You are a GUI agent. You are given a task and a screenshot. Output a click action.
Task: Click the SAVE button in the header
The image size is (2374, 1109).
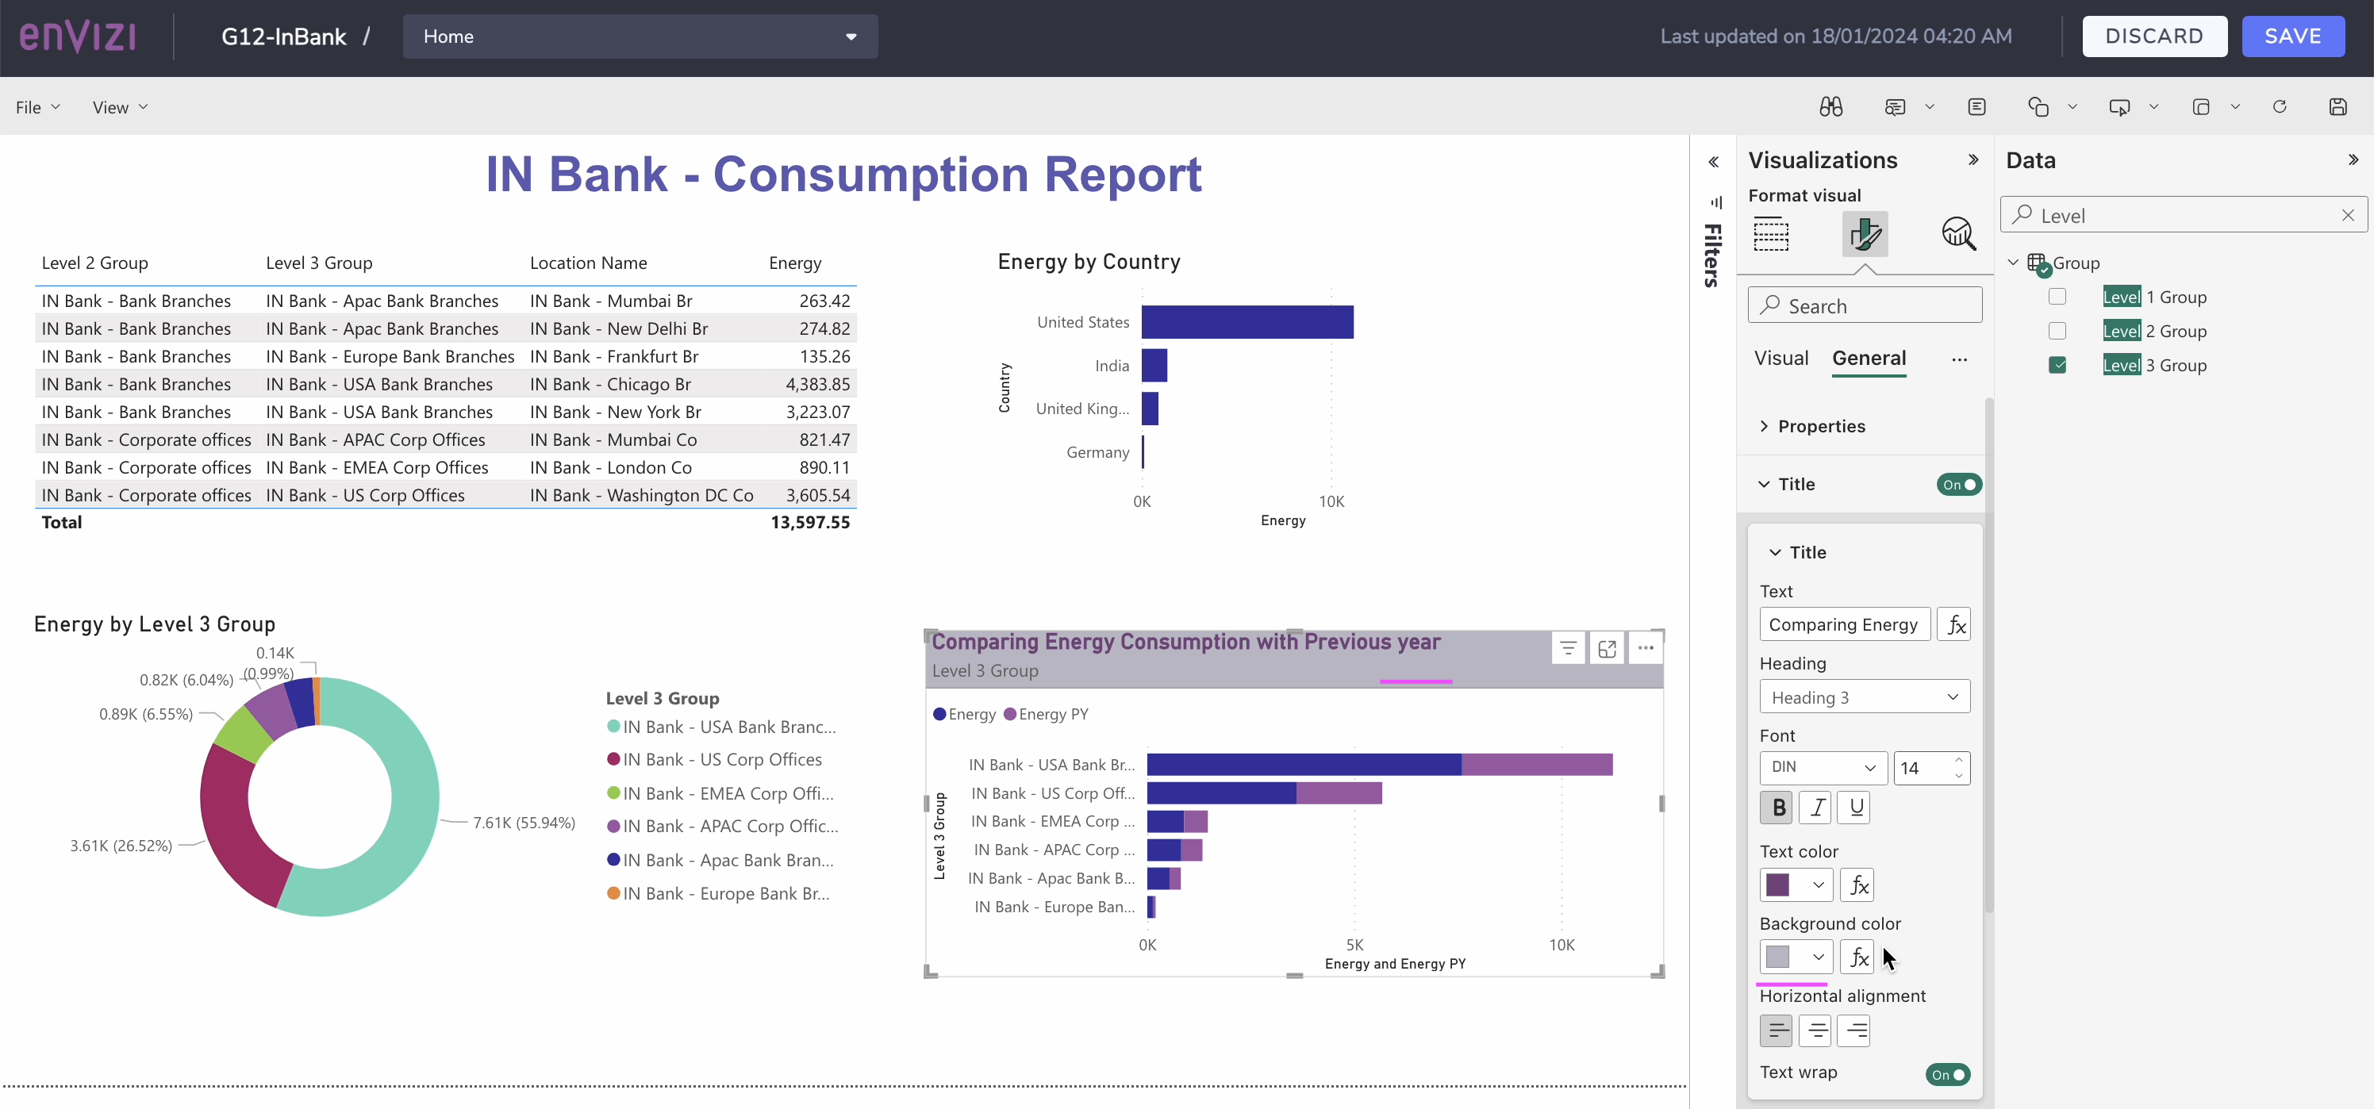pos(2292,36)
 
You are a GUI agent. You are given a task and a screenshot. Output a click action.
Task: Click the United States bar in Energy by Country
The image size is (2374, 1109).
pos(1246,322)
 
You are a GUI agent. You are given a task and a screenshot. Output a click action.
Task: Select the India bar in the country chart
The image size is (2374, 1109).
pos(1154,366)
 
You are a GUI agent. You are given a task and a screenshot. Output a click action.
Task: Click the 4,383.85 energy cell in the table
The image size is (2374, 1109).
pos(816,384)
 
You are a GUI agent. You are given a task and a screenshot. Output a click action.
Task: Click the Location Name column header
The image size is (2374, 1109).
pos(588,263)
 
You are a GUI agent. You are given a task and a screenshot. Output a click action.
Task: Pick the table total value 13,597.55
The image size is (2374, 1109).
pos(809,522)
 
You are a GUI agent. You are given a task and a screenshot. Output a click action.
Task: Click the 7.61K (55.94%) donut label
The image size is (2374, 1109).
pos(524,823)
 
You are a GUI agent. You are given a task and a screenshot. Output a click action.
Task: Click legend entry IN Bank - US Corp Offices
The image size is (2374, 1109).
pos(720,760)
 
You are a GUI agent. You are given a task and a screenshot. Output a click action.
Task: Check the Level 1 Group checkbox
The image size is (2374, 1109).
pos(2057,297)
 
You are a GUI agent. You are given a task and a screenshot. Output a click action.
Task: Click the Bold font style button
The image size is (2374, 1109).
pos(1777,808)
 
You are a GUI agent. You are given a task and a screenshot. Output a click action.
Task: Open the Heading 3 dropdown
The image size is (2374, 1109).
pos(1864,697)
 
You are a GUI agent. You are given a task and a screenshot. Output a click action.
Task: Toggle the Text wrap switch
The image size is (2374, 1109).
pos(1946,1074)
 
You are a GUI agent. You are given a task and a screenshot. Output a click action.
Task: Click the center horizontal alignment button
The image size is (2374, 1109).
pos(1815,1030)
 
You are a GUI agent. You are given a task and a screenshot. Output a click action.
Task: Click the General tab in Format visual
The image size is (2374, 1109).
pos(1868,359)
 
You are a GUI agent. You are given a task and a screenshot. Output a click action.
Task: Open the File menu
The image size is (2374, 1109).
pos(36,108)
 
